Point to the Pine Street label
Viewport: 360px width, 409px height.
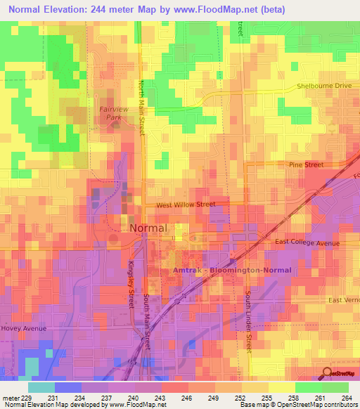pos(306,164)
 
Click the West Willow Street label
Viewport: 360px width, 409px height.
pos(185,204)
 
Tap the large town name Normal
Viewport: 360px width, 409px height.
pos(148,228)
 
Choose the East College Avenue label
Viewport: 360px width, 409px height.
pos(307,242)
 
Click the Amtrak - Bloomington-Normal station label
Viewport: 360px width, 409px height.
pos(232,270)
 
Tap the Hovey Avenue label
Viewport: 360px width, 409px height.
pos(23,328)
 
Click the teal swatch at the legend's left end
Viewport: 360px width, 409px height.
pos(41,387)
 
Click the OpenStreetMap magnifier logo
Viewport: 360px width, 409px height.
pos(328,374)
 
